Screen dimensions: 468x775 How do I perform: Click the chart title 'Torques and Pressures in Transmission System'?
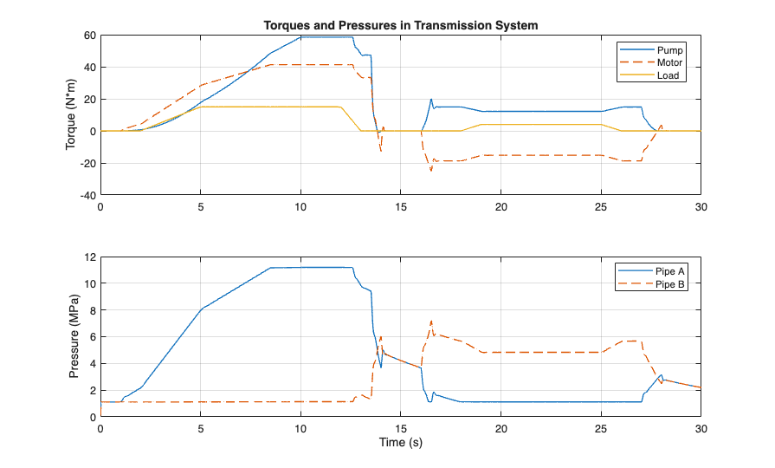click(x=401, y=25)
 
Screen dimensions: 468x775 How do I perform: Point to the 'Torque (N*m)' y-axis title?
click(x=71, y=114)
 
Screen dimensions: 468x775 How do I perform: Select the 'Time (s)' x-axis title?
click(x=401, y=443)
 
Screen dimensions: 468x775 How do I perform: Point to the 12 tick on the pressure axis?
click(x=89, y=257)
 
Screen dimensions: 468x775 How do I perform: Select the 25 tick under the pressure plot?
click(x=601, y=429)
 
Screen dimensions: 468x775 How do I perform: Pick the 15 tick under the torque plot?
click(x=401, y=207)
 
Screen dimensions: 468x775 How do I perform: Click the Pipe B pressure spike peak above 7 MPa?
click(x=431, y=321)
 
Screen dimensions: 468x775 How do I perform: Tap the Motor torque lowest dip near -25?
click(x=430, y=170)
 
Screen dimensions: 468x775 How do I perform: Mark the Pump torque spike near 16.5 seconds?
click(x=430, y=100)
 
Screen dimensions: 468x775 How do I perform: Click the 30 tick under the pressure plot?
click(x=701, y=429)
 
